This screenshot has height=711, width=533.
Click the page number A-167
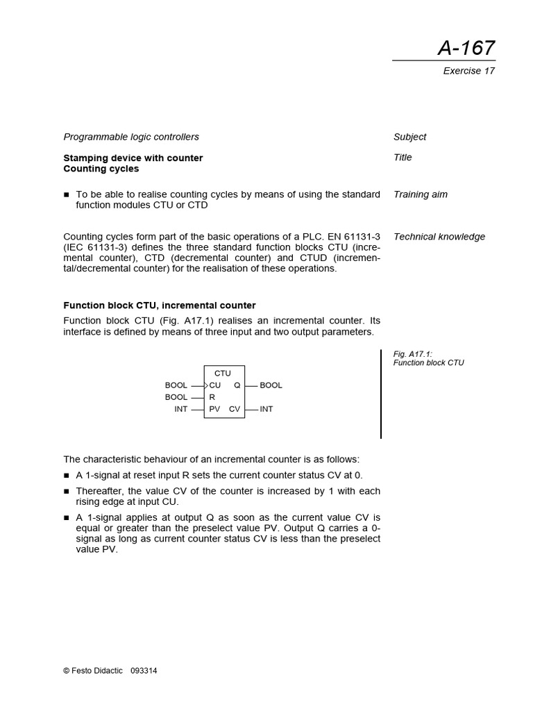[x=466, y=48]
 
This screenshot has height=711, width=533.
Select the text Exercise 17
[x=468, y=71]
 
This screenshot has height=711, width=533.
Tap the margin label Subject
[x=409, y=137]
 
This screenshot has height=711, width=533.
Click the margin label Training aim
[x=420, y=194]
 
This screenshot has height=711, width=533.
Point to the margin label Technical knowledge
[x=439, y=237]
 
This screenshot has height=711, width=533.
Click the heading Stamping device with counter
[x=133, y=158]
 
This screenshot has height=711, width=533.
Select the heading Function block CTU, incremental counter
[x=160, y=306]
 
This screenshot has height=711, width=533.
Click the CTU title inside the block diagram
[x=223, y=374]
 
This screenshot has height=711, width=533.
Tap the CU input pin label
[x=215, y=385]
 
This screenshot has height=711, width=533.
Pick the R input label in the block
[x=212, y=397]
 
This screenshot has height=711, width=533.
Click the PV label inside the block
[x=214, y=409]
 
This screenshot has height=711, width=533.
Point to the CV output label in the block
[x=235, y=409]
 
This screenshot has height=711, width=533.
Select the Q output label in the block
[x=237, y=385]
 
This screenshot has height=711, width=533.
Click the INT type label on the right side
[x=266, y=409]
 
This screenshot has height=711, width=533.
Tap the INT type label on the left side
[x=181, y=409]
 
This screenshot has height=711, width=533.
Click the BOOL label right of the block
[x=271, y=385]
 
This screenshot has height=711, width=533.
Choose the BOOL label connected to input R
[x=176, y=397]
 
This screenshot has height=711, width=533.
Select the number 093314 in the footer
[x=144, y=671]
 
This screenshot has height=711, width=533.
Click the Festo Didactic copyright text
[x=93, y=671]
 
